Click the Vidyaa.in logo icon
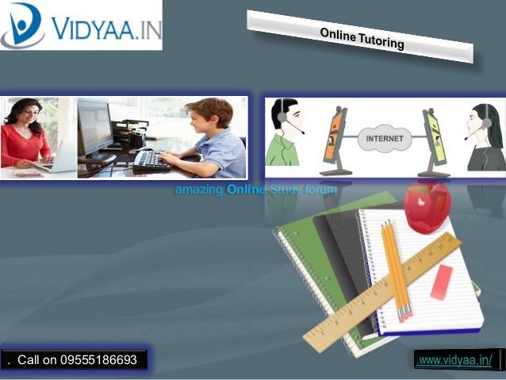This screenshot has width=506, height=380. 23,25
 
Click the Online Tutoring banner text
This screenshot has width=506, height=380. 362,37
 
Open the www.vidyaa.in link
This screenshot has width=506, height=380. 454,361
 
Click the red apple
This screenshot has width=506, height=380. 427,205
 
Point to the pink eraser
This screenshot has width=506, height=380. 442,282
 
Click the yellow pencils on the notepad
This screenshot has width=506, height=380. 396,270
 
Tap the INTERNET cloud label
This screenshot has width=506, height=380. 385,139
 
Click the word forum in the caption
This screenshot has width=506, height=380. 320,190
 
